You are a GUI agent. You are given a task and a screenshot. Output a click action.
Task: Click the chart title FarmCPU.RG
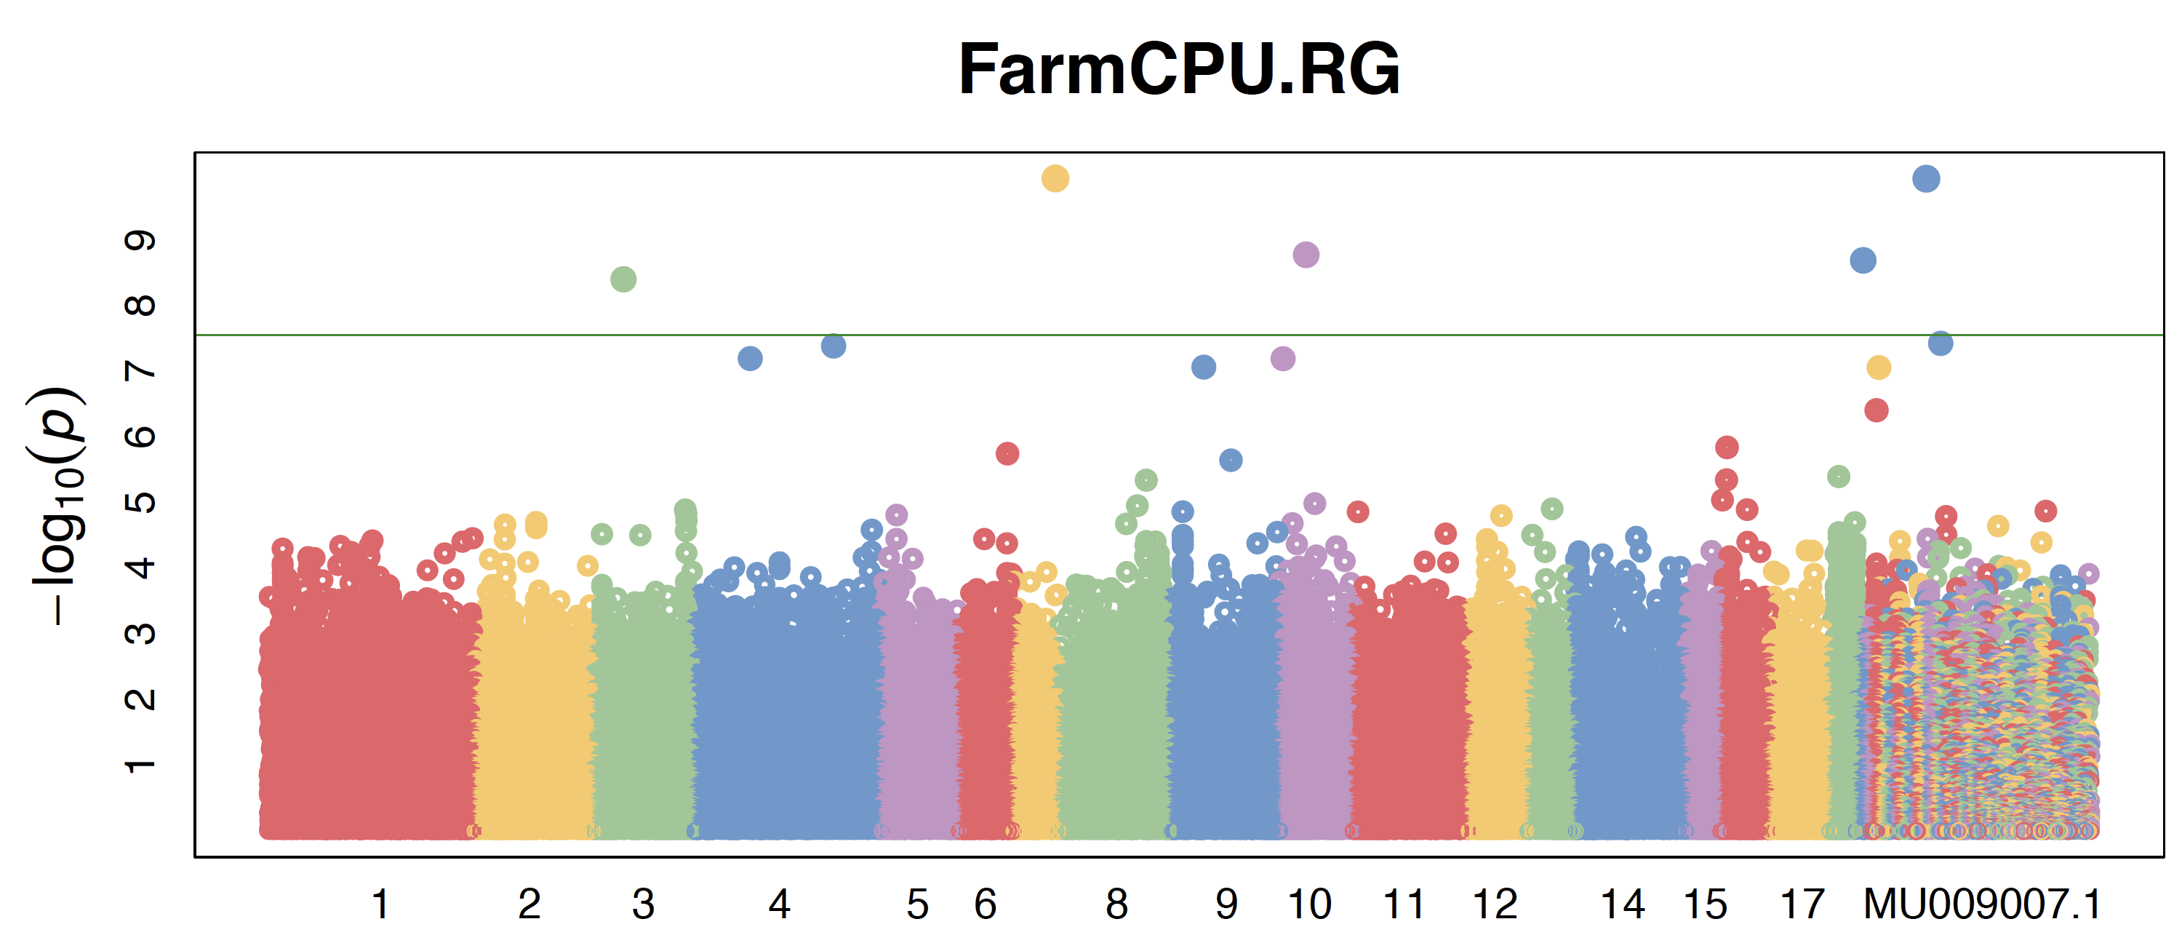tap(1178, 69)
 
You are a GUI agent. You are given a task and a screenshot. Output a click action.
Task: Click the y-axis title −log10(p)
tap(57, 506)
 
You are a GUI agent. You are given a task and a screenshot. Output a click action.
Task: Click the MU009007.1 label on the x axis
tap(1982, 904)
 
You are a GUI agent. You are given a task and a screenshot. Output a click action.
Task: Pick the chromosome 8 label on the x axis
tap(1116, 904)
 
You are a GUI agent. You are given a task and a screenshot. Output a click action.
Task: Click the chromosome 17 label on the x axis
tap(1802, 904)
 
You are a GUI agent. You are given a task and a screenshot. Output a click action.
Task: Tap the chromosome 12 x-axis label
tap(1495, 904)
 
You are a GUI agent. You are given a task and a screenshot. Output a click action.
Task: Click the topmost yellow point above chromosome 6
tap(1055, 179)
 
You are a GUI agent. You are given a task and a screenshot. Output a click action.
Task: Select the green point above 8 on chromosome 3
tap(623, 279)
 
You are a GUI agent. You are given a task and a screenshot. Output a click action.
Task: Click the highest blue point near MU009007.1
tap(1926, 179)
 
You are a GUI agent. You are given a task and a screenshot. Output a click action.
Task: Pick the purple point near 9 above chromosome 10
tap(1306, 254)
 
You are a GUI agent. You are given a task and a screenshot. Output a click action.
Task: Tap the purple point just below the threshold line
tap(1283, 359)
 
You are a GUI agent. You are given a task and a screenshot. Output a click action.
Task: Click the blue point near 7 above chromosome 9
tap(1204, 367)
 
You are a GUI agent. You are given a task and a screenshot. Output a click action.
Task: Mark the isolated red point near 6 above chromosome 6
tap(1007, 453)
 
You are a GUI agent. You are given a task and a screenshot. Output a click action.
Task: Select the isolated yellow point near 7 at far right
tap(1879, 367)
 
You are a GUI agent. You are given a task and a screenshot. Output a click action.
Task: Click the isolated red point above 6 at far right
tap(1877, 410)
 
